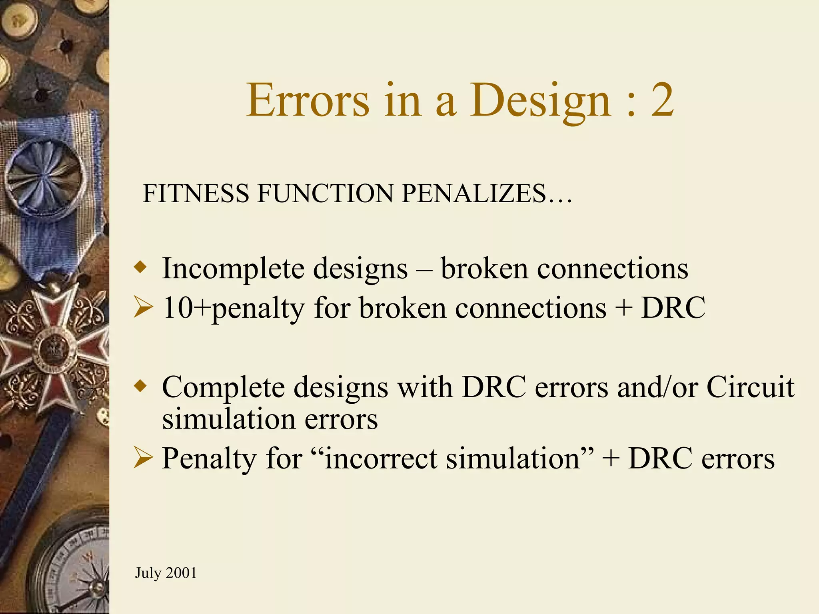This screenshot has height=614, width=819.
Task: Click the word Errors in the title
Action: point(307,101)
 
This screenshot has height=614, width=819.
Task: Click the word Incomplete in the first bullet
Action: point(232,269)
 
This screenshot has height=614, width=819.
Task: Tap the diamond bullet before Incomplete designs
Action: point(140,267)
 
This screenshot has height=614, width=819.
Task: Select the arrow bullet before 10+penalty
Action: point(143,308)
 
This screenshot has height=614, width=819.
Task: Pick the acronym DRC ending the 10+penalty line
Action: point(673,308)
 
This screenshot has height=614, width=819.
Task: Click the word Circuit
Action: point(750,387)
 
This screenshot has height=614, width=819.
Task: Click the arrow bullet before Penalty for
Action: point(143,458)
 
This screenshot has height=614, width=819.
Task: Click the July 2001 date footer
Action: point(166,573)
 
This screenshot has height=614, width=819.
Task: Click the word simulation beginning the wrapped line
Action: point(228,420)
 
